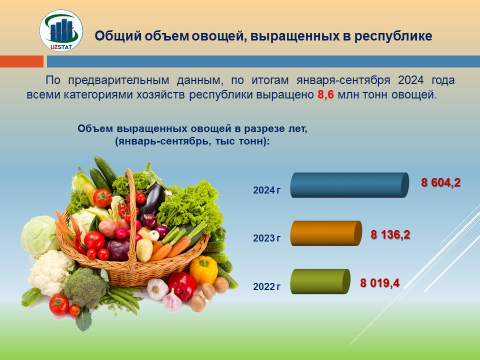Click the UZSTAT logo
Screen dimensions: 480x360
61,30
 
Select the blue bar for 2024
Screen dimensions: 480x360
349,185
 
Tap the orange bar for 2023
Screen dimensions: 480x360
326,233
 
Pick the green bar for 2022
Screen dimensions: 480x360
320,281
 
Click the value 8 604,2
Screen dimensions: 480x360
441,183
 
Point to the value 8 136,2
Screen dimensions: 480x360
390,235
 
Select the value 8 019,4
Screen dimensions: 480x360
379,283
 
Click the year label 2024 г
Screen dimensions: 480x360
266,190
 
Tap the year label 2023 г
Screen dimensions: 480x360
266,238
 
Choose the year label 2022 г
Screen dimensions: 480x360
266,286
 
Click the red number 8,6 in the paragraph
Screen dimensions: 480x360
325,94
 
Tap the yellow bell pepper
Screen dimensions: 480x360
203,269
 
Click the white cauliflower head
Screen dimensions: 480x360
51,272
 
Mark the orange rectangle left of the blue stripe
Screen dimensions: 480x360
21,61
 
